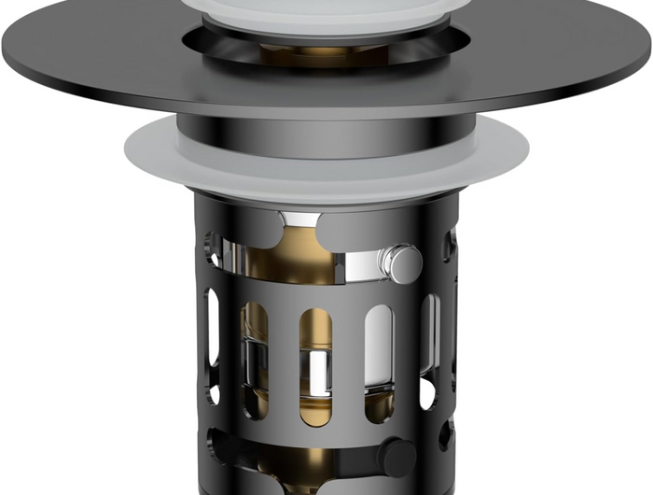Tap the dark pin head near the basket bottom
pyautogui.click(x=396, y=456)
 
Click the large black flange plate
pyautogui.click(x=112, y=65)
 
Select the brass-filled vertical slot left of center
pyautogui.click(x=257, y=360)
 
